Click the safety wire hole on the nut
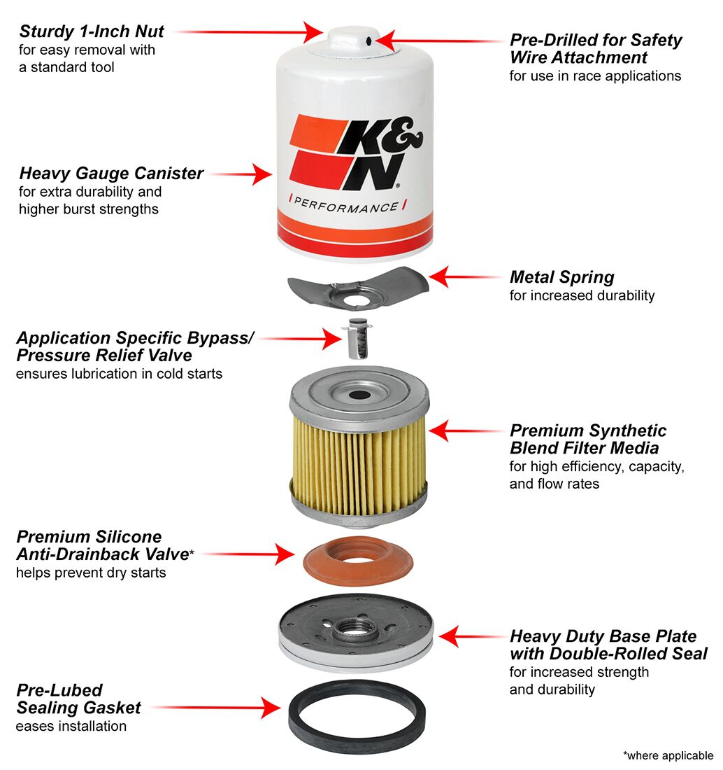click(x=368, y=42)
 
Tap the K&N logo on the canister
click(x=356, y=150)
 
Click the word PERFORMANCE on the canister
click(x=345, y=206)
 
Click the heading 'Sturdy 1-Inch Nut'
click(x=92, y=31)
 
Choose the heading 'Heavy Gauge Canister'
click(x=111, y=173)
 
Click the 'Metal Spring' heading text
click(x=561, y=276)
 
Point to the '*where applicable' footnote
click(x=667, y=755)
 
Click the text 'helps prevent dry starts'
click(x=91, y=573)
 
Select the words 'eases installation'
click(x=71, y=726)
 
